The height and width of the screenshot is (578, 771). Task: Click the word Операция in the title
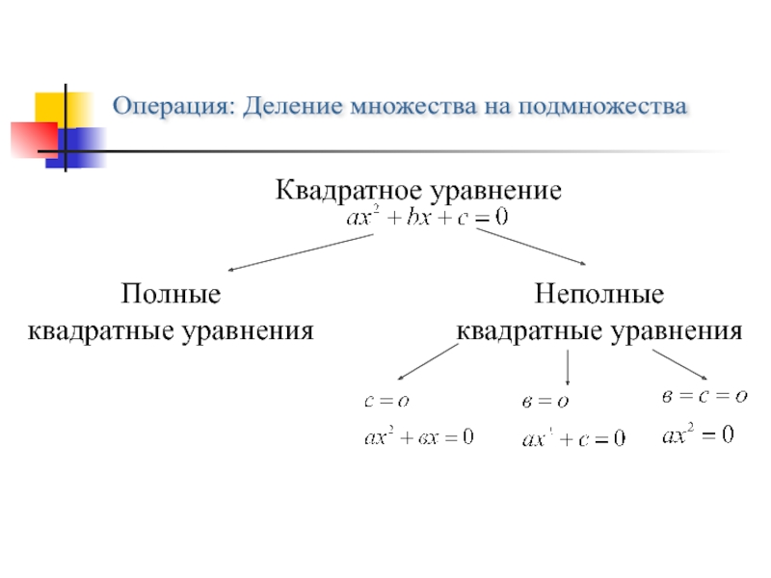pos(173,105)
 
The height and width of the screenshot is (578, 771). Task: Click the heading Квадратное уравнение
pos(418,189)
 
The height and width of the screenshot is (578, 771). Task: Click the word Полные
pos(171,292)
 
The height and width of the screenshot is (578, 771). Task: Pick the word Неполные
pos(599,292)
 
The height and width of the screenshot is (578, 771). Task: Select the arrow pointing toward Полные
pos(300,253)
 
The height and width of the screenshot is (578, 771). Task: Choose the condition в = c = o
pos(705,395)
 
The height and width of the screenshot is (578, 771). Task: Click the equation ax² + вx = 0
pos(418,437)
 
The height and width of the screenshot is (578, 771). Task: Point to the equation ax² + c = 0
pos(572,439)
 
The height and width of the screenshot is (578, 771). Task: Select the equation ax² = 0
pos(698,435)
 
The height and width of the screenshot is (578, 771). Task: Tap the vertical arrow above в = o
pos(568,369)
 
